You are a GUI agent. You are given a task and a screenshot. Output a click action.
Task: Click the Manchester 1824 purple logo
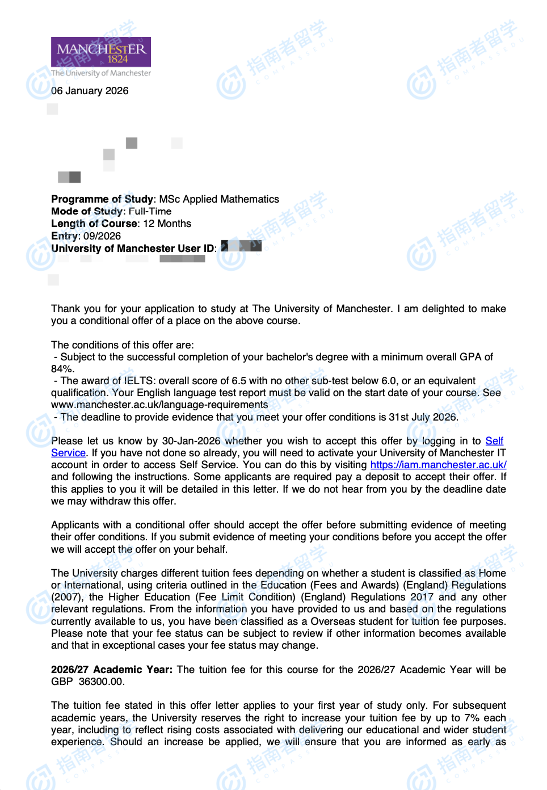[x=101, y=52]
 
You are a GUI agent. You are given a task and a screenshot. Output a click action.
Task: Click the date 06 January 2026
[x=90, y=91]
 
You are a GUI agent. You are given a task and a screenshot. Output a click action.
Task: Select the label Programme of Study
[x=102, y=199]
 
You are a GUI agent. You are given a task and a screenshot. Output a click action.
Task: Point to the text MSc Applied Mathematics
[x=219, y=199]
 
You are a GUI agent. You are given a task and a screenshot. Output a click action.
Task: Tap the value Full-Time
[x=150, y=212]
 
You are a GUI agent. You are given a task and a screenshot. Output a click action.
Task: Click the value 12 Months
[x=167, y=224]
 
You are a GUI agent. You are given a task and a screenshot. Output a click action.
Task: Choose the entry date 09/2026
[x=102, y=236]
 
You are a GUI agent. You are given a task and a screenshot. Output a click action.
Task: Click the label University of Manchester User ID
[x=133, y=249]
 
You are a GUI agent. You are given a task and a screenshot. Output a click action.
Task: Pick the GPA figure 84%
[x=62, y=369]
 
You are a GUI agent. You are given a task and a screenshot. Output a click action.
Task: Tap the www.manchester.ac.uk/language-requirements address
[x=159, y=405]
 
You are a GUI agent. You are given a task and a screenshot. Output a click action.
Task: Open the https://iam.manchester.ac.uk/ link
[x=438, y=465]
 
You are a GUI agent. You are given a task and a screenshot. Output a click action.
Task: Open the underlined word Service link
[x=68, y=453]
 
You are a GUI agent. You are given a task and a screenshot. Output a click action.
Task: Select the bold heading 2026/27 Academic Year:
[x=112, y=670]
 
